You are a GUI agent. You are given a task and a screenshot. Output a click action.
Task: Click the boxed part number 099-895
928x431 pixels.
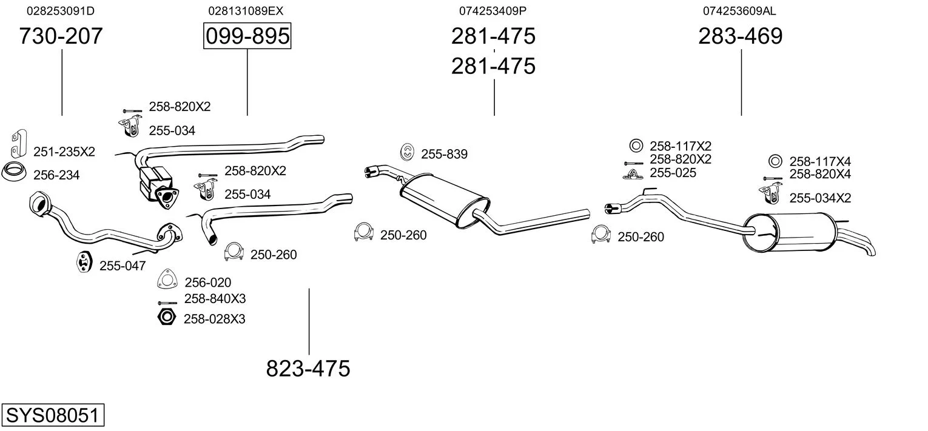coord(247,36)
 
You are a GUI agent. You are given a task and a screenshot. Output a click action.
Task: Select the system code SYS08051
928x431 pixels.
coord(53,415)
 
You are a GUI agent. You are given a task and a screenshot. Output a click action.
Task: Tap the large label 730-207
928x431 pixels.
coord(61,36)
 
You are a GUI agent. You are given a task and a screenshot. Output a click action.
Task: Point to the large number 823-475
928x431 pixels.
coord(308,368)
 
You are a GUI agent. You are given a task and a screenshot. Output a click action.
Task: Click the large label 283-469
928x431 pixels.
coord(741,36)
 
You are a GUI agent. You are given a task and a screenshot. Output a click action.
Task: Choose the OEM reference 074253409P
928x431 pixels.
coord(493,11)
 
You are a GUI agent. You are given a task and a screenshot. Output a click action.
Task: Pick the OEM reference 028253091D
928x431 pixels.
coord(61,11)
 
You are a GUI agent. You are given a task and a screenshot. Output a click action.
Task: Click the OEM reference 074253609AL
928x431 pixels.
coord(739,11)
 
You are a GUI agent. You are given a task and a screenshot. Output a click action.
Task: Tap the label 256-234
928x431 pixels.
coord(56,175)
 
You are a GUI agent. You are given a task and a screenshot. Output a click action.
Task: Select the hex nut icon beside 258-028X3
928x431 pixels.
coord(167,317)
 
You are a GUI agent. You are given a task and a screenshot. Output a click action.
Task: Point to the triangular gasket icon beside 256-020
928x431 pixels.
coord(167,279)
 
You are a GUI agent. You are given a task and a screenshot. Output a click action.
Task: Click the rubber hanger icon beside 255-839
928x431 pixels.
coord(407,152)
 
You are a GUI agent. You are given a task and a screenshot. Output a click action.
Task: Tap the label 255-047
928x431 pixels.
coord(123,266)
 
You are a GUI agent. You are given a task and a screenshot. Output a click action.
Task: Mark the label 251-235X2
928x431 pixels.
coord(64,152)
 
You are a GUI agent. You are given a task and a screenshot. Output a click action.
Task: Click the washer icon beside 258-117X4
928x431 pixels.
coord(775,161)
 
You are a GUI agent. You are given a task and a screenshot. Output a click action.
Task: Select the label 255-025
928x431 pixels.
coord(673,173)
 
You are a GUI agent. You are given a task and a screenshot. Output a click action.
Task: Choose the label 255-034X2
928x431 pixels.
coord(820,198)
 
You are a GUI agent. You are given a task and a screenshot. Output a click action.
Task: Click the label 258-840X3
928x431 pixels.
coord(215,298)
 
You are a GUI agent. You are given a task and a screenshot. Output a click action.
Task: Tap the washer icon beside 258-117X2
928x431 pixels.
coord(636,145)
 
